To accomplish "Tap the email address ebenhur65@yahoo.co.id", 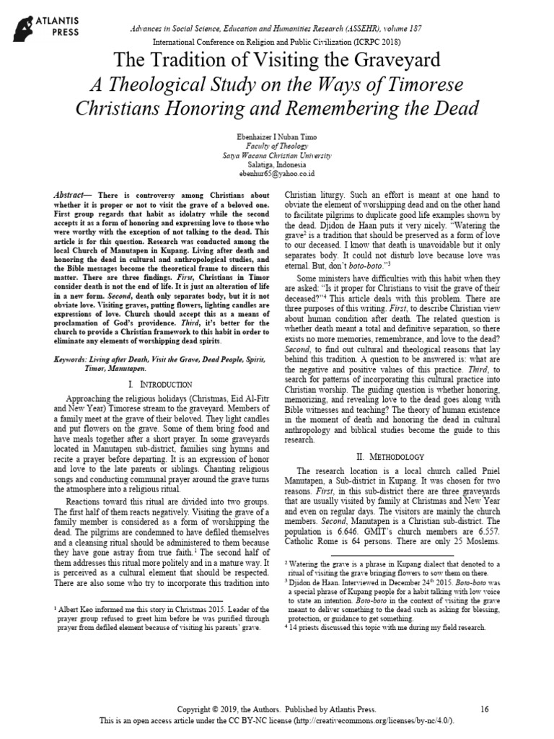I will click(277, 173).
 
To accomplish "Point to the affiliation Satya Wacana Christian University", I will click(277, 154).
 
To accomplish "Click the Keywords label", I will click(75, 358).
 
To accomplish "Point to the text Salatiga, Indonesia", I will click(277, 164).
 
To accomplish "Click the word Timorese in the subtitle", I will click(415, 85).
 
